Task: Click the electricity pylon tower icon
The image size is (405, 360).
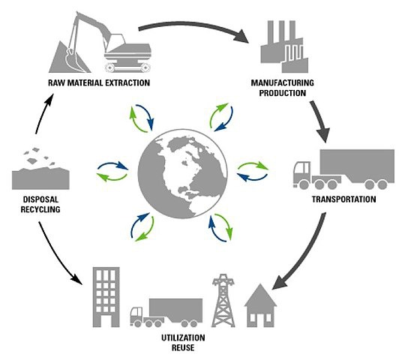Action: click(x=223, y=299)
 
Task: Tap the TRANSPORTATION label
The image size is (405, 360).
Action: click(x=347, y=200)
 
